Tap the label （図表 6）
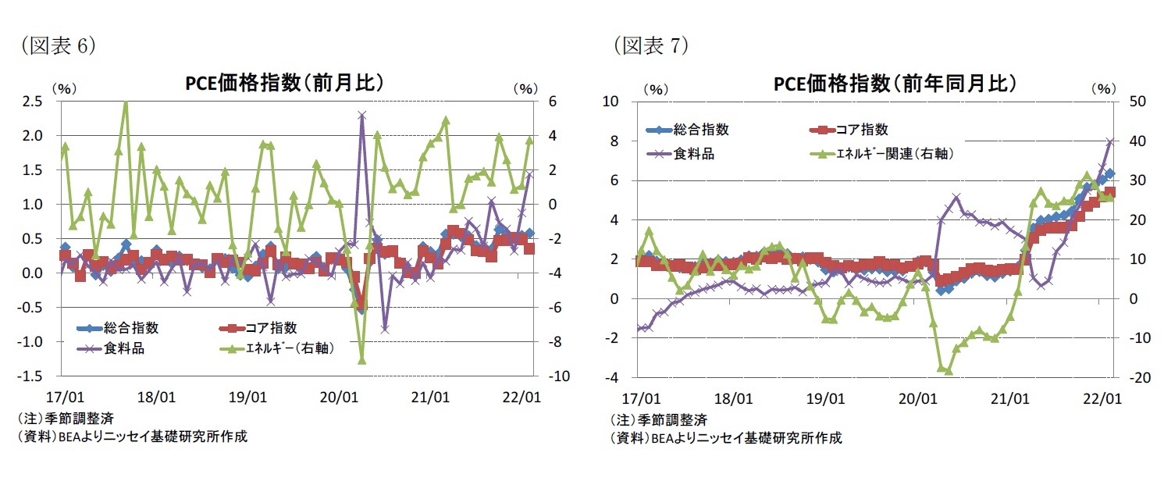(x=55, y=46)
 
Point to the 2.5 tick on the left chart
(x=32, y=102)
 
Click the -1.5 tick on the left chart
(x=30, y=376)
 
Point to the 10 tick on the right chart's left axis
(x=610, y=102)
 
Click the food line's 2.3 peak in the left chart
(x=361, y=115)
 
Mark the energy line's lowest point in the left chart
(x=361, y=359)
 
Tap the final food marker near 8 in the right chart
(x=1109, y=141)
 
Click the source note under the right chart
(x=726, y=437)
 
